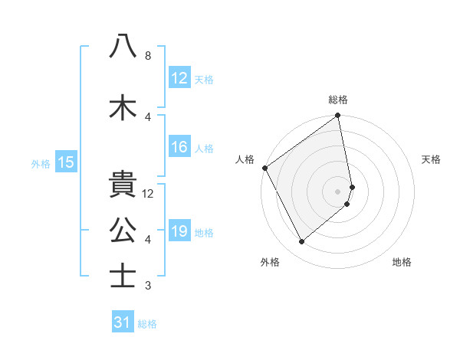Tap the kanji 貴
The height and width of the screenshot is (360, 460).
123,185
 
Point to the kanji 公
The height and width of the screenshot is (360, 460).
123,229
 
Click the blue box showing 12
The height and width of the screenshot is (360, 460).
179,78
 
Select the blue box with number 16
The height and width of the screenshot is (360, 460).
179,148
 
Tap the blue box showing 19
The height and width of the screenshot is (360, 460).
179,231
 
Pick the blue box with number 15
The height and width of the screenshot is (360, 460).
65,162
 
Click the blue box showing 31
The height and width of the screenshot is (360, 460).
123,322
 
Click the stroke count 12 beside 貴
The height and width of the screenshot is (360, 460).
149,194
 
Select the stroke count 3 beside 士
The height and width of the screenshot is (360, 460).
148,286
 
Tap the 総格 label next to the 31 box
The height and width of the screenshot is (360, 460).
147,324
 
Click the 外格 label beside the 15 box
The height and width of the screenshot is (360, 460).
41,163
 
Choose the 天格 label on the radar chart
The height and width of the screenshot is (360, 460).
432,159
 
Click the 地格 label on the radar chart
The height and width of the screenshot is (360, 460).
402,262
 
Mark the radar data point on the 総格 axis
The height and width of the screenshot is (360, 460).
338,116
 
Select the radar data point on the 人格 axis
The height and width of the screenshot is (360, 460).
264,168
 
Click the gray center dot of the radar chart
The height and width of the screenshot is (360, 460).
338,191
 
